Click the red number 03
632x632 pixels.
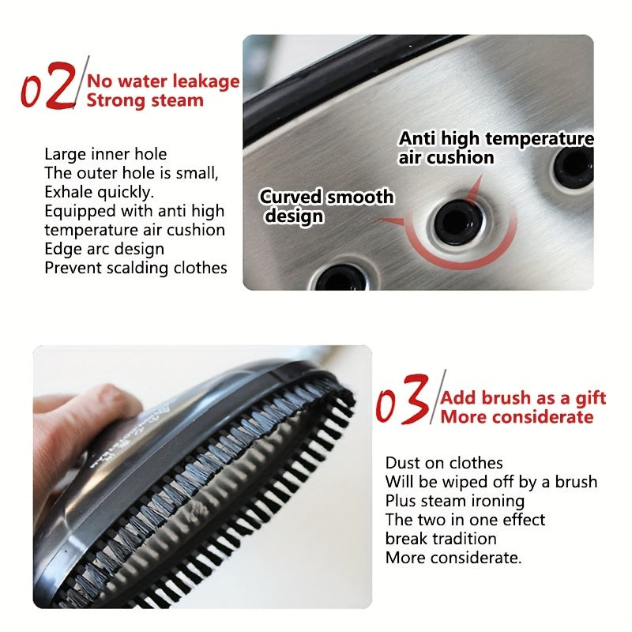pos(403,399)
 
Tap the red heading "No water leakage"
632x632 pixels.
pos(163,81)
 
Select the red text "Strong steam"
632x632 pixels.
pos(145,100)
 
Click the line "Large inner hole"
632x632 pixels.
pos(106,154)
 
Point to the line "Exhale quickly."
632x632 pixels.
pos(99,192)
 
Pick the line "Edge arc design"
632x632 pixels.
pos(104,249)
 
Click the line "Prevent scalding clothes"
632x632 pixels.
pos(136,268)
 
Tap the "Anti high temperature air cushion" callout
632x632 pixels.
pos(495,148)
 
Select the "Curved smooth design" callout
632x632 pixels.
pos(325,206)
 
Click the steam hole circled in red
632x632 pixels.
pos(457,221)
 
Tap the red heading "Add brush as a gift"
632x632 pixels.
pos(523,397)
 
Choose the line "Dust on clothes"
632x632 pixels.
pos(444,463)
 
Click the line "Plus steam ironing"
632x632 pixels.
pos(455,501)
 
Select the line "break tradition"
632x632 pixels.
pos(441,539)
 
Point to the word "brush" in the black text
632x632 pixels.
pos(576,482)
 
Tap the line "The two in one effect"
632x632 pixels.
pos(465,520)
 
